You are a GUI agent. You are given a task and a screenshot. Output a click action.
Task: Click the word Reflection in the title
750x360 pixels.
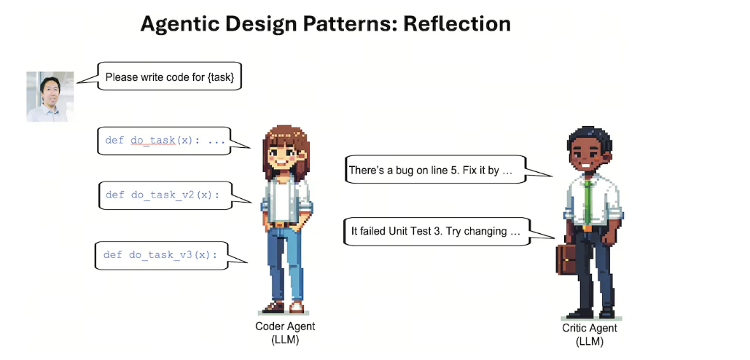[457, 24]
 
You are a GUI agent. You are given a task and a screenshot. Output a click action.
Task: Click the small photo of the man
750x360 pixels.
[50, 97]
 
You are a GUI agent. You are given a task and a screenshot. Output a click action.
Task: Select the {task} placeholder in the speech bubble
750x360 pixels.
[221, 77]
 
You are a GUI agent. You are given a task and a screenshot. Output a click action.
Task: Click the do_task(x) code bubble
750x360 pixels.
[164, 141]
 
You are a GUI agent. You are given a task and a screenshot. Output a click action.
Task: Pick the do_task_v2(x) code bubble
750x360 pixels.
[165, 195]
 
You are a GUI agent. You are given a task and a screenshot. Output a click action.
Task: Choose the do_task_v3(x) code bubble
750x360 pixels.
[162, 255]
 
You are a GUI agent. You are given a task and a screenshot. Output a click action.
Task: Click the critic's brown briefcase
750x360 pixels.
[566, 259]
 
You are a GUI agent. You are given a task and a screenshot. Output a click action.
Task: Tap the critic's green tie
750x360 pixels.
[588, 203]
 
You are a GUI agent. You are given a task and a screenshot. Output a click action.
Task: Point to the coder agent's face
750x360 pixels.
[286, 157]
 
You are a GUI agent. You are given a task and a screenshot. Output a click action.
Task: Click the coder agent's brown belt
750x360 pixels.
[284, 224]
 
